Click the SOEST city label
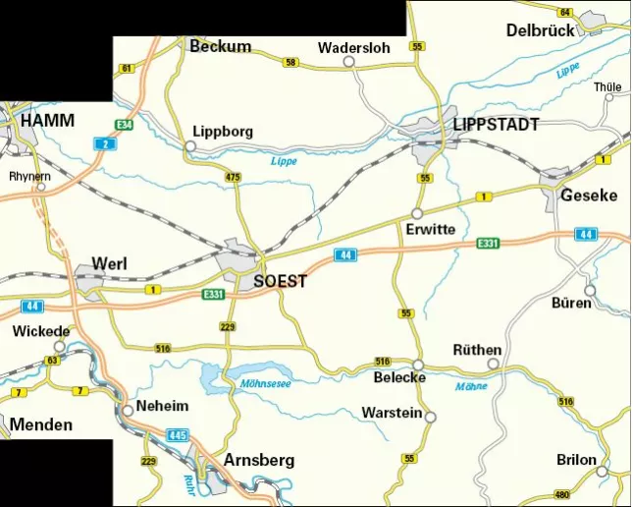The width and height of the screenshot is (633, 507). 280,282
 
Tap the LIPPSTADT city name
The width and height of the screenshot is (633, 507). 496,125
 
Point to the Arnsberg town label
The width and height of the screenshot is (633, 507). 259,460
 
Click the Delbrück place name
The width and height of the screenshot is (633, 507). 540,30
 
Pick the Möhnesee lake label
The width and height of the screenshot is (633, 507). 265,383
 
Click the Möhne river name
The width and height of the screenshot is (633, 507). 471,386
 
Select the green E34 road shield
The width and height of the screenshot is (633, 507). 123,126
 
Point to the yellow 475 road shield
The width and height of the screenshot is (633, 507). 233,177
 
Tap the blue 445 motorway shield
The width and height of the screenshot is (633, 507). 177,434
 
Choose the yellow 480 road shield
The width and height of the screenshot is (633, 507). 562,494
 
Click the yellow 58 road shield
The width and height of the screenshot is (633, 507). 290,63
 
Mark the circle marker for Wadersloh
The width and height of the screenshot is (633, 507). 347,62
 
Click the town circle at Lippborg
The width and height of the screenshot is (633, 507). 190,147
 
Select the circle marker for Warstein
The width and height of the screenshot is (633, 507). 430,417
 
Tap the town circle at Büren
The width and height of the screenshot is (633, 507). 590,290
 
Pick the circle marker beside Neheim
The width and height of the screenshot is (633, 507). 128,411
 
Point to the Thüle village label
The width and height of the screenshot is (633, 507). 607,87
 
